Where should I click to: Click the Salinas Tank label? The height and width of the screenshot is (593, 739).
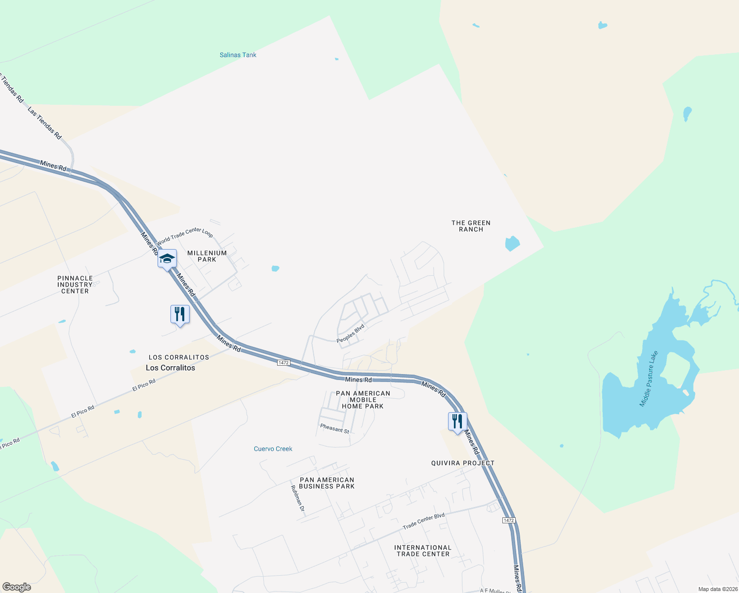[x=238, y=55]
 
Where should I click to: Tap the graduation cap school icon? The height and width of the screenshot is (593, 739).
[x=167, y=259]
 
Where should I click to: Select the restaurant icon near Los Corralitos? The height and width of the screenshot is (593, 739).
[x=180, y=314]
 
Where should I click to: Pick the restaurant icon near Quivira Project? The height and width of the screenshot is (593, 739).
[x=457, y=422]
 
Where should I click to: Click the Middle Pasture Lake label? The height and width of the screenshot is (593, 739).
[x=649, y=379]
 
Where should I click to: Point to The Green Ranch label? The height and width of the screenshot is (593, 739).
[x=471, y=226]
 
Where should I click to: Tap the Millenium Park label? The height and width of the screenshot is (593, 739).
[x=207, y=256]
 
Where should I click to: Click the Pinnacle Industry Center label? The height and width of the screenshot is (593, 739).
[x=75, y=285]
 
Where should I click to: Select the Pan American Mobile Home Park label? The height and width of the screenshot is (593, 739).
[x=363, y=400]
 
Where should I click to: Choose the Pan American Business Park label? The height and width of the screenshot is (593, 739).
[x=327, y=483]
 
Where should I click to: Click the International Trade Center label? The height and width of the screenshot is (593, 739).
[x=423, y=551]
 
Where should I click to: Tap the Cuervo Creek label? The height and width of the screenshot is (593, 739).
[x=273, y=449]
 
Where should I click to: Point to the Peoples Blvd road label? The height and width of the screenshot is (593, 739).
[x=350, y=334]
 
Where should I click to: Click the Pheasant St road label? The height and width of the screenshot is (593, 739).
[x=334, y=428]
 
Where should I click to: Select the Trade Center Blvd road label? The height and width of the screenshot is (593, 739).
[x=423, y=521]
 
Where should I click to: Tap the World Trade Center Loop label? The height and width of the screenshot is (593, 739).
[x=185, y=236]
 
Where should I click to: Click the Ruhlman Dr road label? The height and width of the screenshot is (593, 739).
[x=297, y=498]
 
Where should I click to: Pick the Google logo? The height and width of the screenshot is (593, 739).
[x=17, y=587]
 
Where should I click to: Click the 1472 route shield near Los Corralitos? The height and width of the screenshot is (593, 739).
[x=283, y=363]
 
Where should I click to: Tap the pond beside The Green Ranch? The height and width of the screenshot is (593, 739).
[x=512, y=243]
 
